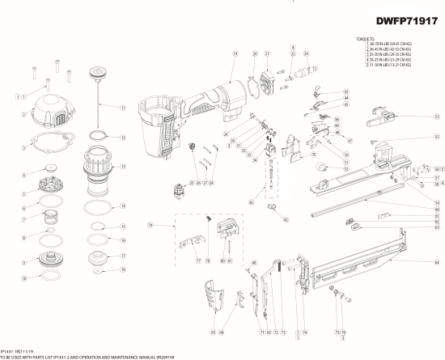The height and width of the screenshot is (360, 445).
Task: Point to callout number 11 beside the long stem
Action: click(x=123, y=108)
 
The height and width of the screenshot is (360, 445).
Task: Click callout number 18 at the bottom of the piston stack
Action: click(x=123, y=271)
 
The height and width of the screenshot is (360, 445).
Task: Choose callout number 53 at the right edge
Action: click(x=437, y=116)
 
